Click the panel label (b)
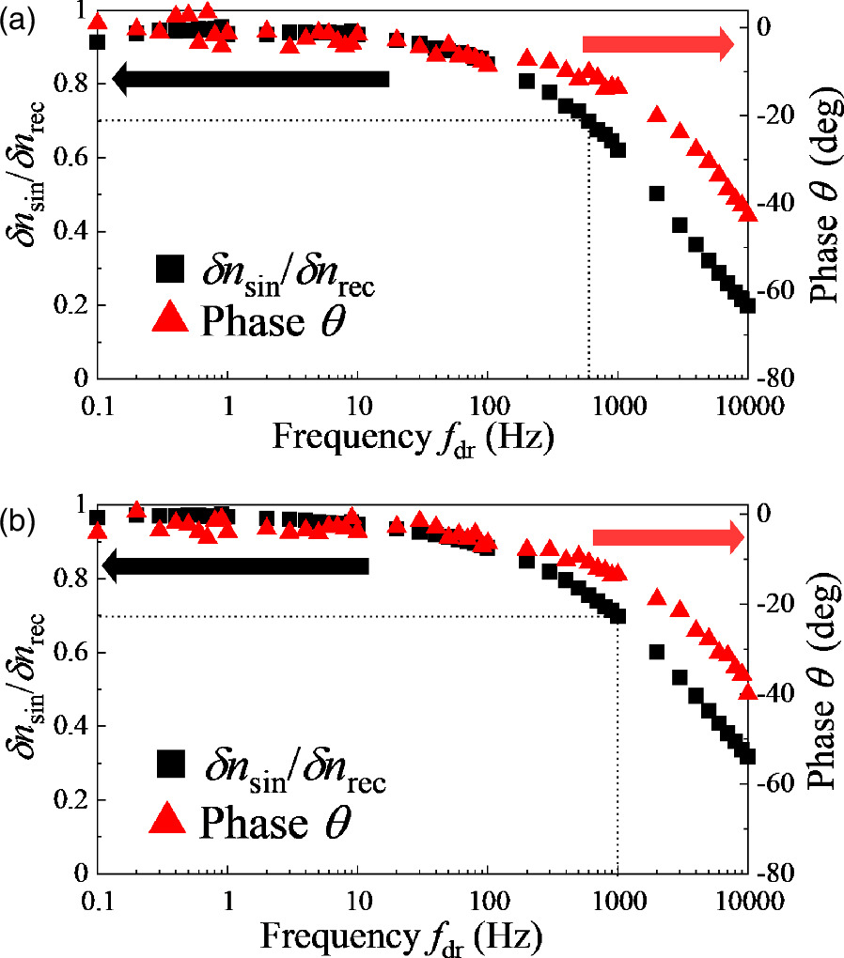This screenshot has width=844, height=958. (18, 519)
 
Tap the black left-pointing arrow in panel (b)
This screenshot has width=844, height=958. (234, 566)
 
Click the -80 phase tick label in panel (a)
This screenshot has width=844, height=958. (779, 379)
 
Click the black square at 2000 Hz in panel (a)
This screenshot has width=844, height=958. (657, 193)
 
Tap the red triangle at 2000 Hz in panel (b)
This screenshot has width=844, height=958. (658, 597)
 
